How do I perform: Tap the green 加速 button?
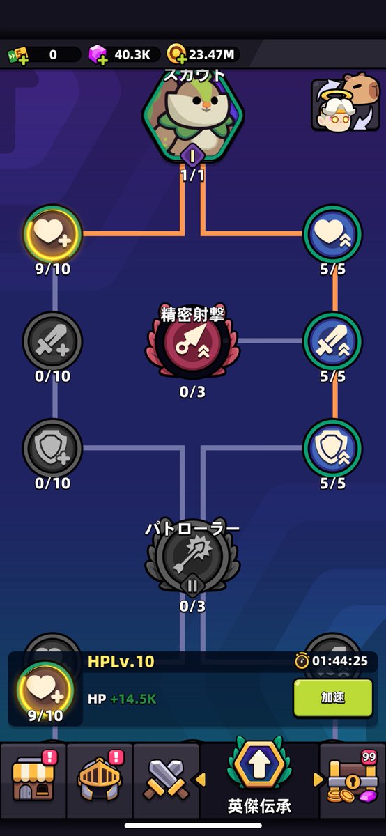click(x=333, y=697)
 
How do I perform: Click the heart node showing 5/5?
click(x=332, y=233)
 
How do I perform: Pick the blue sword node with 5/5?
click(x=332, y=341)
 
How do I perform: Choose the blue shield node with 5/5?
click(x=332, y=448)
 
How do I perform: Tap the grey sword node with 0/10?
click(x=53, y=341)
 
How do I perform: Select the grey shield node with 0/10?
click(x=53, y=448)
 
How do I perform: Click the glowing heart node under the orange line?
click(x=53, y=233)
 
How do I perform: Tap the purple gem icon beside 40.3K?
click(x=98, y=54)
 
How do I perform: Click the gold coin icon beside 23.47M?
click(x=176, y=54)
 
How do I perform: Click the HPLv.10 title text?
click(x=121, y=661)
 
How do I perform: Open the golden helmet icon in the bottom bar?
click(x=100, y=778)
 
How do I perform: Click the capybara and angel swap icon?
click(x=346, y=102)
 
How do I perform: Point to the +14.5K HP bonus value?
click(x=133, y=699)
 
